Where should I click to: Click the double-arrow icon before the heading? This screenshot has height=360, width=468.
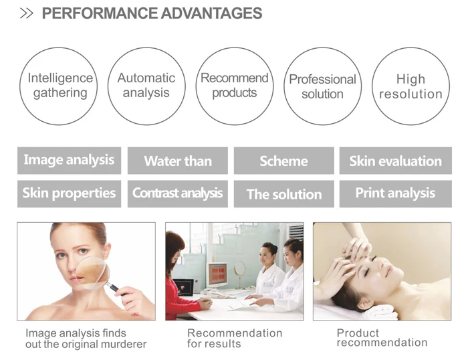pyautogui.click(x=26, y=14)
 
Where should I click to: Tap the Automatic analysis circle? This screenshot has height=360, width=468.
pyautogui.click(x=146, y=86)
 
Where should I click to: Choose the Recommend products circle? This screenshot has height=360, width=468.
pyautogui.click(x=235, y=86)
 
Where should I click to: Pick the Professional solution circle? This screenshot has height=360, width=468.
pyautogui.click(x=322, y=86)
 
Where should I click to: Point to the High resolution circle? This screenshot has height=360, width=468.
pyautogui.click(x=411, y=86)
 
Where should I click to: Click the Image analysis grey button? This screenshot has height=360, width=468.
pyautogui.click(x=69, y=161)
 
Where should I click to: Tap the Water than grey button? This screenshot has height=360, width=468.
pyautogui.click(x=178, y=161)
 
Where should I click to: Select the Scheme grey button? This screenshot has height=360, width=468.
pyautogui.click(x=283, y=161)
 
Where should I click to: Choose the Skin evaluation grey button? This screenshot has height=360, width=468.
pyautogui.click(x=395, y=161)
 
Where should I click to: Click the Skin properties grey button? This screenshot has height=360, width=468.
pyautogui.click(x=69, y=193)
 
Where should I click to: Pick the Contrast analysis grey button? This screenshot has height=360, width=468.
pyautogui.click(x=178, y=193)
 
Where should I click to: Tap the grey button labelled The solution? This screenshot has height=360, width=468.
pyautogui.click(x=283, y=194)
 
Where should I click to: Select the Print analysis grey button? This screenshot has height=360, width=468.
pyautogui.click(x=395, y=193)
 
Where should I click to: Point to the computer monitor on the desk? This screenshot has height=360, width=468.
pyautogui.click(x=217, y=275)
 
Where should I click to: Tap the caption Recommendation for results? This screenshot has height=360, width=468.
pyautogui.click(x=234, y=338)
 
